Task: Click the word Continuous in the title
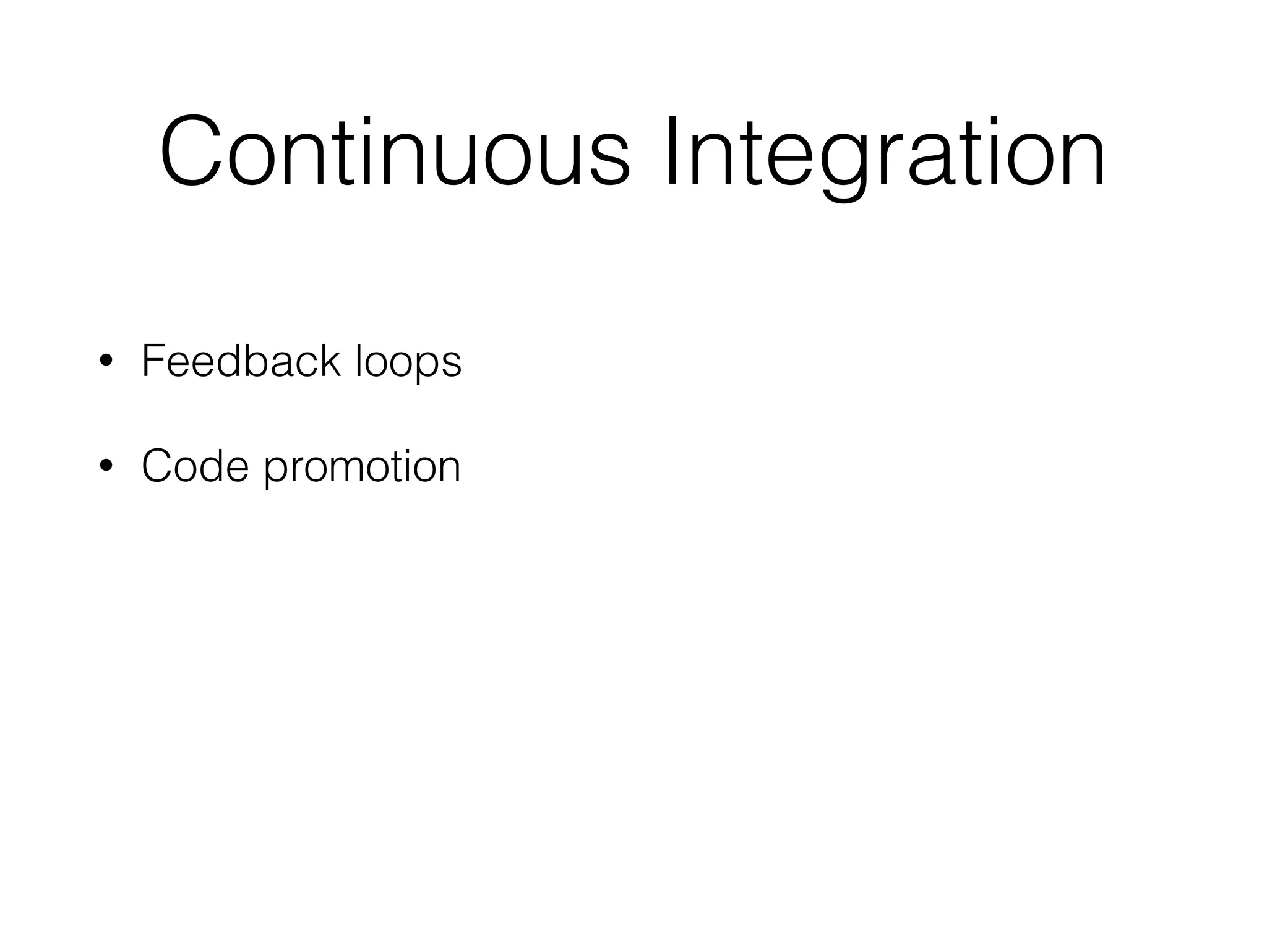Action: click(395, 152)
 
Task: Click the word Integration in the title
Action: click(885, 152)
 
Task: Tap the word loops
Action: click(408, 362)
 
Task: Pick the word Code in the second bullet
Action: click(195, 466)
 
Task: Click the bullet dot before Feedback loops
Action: click(106, 361)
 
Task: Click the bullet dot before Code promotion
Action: click(106, 465)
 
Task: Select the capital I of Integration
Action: click(673, 152)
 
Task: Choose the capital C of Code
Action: click(158, 466)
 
